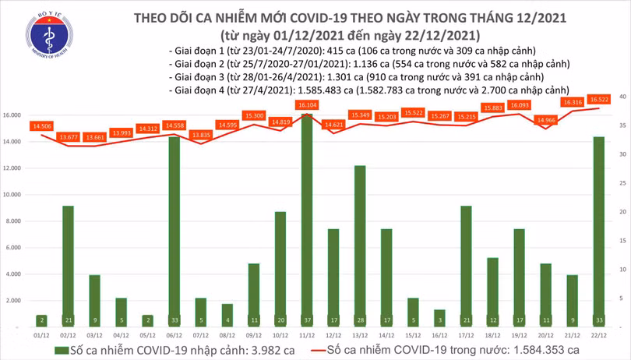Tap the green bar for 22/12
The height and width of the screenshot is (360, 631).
coord(598,226)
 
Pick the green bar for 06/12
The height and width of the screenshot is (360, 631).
coord(174,226)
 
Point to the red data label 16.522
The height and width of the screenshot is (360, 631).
coord(599,100)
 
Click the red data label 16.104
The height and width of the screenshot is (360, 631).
coord(306,104)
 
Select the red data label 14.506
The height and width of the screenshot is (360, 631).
coord(42,125)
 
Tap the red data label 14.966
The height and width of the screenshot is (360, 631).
coord(545,120)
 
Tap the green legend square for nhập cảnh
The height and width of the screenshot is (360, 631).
coord(61,351)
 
